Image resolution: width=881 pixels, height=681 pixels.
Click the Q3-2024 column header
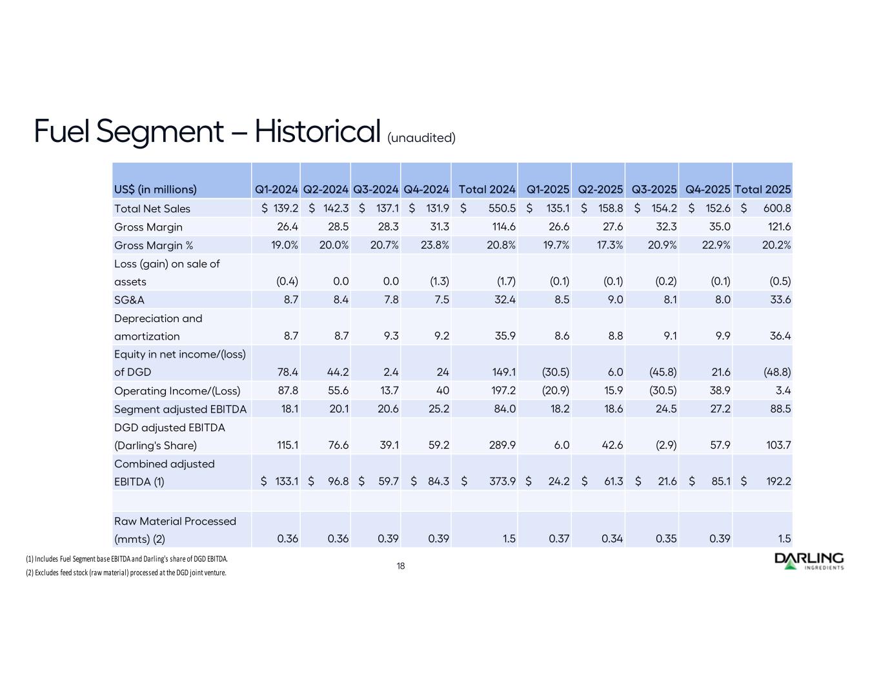click(x=376, y=189)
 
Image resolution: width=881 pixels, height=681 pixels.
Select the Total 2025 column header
click(x=762, y=189)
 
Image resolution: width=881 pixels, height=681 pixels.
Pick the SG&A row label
click(x=129, y=300)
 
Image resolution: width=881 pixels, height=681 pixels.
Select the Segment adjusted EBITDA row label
click(x=180, y=409)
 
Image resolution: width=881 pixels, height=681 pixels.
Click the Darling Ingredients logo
click(x=809, y=561)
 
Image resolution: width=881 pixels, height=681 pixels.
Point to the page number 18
click(x=401, y=566)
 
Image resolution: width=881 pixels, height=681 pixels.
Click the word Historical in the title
click(x=316, y=132)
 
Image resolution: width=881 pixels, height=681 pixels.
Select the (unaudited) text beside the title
click(x=421, y=137)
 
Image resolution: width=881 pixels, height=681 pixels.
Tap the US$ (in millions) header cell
click(x=156, y=189)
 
